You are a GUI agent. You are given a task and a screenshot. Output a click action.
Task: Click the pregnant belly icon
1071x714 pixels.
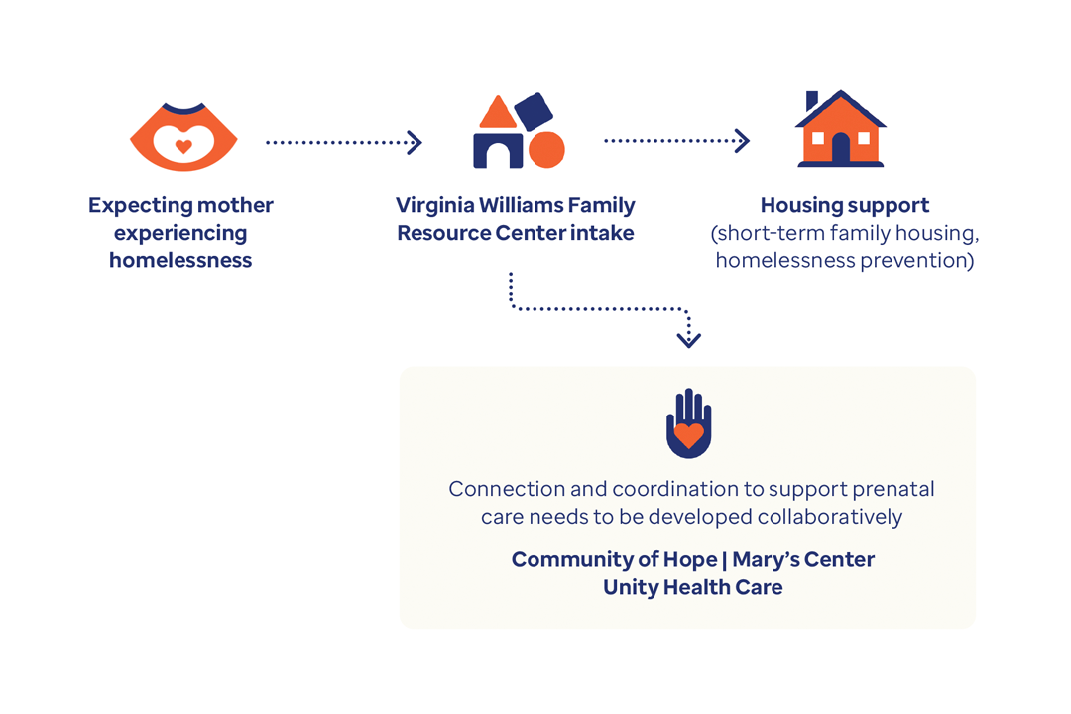click(x=183, y=137)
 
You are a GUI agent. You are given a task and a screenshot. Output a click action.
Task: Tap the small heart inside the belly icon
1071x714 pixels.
click(x=183, y=146)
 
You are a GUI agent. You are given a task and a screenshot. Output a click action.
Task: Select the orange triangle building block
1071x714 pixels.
click(x=498, y=112)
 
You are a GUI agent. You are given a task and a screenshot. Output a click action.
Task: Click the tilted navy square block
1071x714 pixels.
click(x=534, y=111)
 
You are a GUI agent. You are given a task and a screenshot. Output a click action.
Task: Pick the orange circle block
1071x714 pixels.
click(x=546, y=150)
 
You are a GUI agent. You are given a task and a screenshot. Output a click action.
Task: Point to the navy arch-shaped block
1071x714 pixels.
click(x=498, y=151)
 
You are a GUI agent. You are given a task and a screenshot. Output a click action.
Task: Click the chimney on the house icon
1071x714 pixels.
click(x=812, y=100)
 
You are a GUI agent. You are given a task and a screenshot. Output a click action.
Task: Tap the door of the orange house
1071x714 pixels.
click(x=841, y=148)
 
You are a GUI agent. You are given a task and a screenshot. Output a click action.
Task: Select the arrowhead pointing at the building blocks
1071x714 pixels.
click(x=415, y=142)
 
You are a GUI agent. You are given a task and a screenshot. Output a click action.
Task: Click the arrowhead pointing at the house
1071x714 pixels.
click(x=743, y=141)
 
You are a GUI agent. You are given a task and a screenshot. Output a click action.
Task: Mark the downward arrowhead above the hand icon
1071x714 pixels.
click(x=688, y=340)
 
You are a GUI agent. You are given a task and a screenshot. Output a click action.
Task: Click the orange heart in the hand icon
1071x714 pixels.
click(x=688, y=435)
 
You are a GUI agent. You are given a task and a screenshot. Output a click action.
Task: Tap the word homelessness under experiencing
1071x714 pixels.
click(x=180, y=261)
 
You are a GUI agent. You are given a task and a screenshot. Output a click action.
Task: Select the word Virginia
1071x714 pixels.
click(x=435, y=205)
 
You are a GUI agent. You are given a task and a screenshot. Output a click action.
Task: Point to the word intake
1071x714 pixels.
click(x=602, y=233)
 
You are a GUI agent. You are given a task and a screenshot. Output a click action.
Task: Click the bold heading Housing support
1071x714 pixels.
click(x=845, y=205)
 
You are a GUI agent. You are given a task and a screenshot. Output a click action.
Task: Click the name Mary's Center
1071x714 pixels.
click(x=803, y=559)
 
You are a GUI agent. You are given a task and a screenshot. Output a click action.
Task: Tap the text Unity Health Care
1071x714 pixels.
click(x=692, y=587)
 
